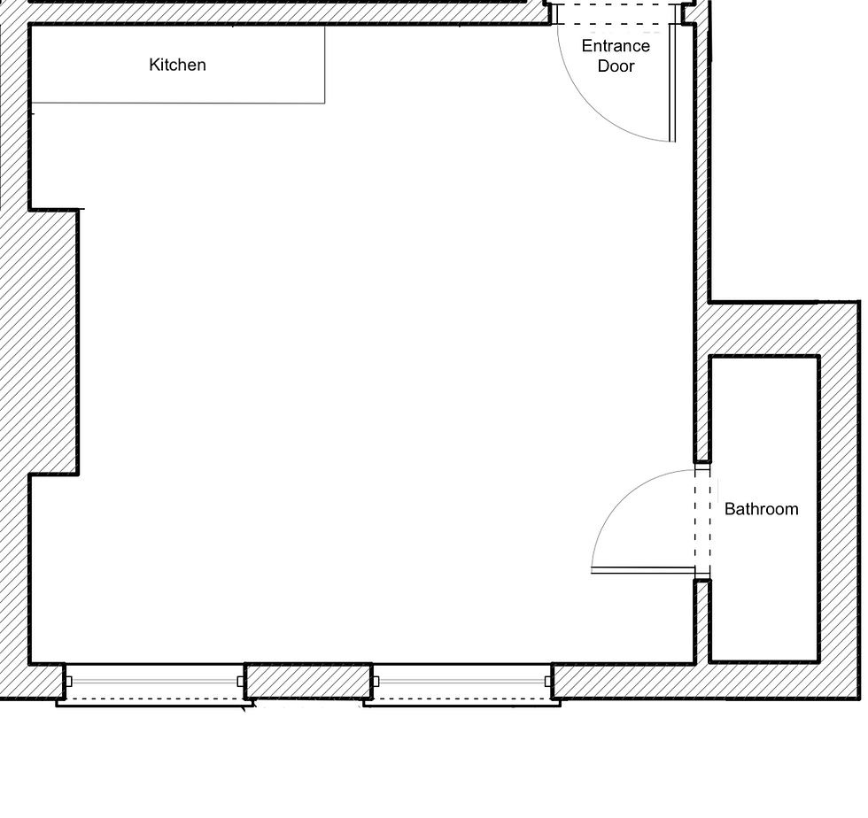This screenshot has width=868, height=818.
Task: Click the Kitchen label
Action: point(177,65)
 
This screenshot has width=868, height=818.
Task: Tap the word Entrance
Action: point(616,45)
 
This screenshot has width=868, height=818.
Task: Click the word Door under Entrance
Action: point(616,66)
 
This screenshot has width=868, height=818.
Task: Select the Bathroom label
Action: point(761,509)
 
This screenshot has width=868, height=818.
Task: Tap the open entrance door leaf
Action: point(672,83)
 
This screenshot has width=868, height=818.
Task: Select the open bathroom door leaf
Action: point(643,570)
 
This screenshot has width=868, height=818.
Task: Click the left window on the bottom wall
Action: point(155,682)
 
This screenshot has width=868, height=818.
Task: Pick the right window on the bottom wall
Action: point(461,682)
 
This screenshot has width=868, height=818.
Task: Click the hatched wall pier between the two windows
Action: point(308,681)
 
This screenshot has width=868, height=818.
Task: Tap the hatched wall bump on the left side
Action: point(54,342)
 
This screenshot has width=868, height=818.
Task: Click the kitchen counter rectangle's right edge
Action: point(324,65)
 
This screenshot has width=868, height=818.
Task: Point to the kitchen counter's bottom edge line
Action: point(178,103)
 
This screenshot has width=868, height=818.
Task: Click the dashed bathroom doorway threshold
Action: point(702,521)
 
